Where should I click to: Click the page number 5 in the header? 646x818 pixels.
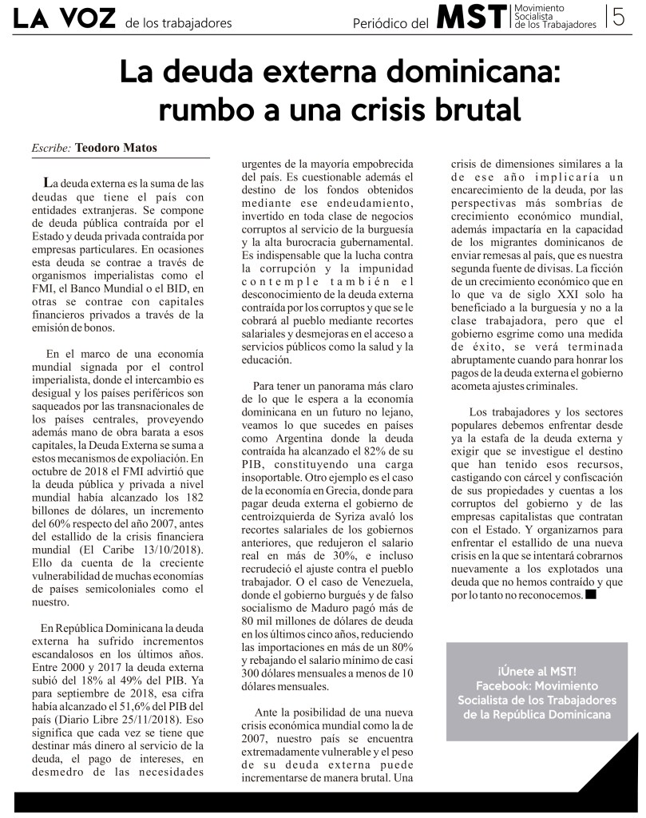coord(618,18)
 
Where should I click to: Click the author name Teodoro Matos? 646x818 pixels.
coord(116,148)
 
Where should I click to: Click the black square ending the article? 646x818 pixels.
coord(590,594)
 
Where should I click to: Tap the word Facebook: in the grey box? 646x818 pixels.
coord(505,685)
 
